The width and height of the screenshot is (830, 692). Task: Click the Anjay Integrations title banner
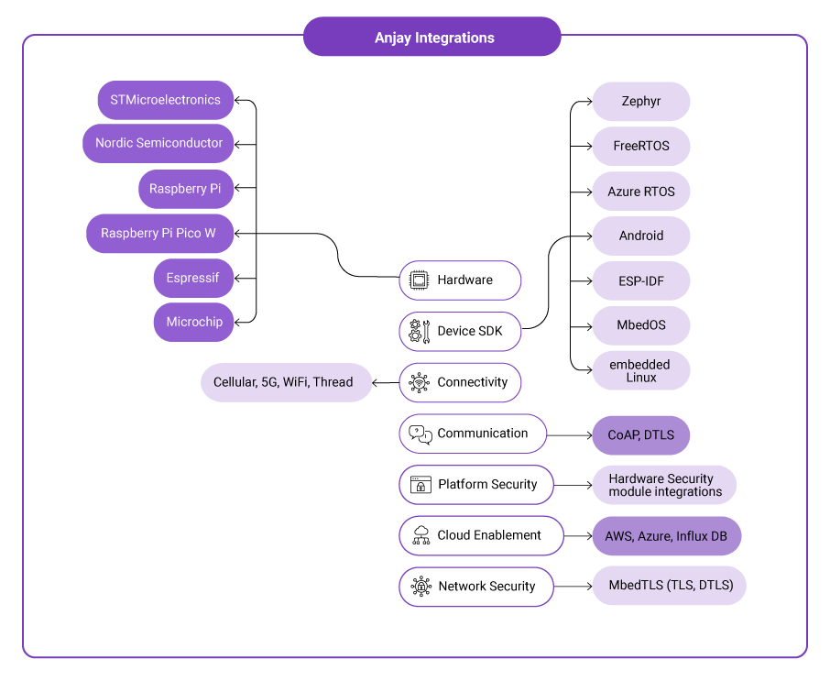432,38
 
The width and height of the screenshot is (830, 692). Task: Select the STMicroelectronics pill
166,100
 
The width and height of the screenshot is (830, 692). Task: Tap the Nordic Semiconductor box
158,144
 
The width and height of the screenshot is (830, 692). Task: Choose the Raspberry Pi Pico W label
159,234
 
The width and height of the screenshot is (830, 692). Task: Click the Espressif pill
193,278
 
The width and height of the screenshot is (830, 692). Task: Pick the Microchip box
193,323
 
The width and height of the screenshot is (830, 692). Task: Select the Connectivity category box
460,382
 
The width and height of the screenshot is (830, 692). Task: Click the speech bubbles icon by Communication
420,434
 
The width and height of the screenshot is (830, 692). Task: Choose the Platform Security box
476,484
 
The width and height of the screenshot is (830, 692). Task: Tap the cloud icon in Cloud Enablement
420,535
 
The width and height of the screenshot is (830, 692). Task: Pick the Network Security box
476,587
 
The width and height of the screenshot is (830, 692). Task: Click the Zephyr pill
640,102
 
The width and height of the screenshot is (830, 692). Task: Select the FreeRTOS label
640,147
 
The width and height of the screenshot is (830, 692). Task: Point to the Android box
640,236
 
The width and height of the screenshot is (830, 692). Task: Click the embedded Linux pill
640,370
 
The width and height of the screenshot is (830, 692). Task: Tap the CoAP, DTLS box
640,435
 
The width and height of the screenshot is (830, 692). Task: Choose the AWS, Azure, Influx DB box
666,536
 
